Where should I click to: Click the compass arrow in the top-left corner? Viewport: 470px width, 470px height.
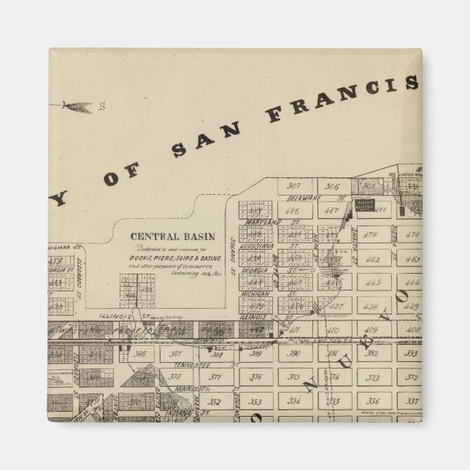coord(77,107)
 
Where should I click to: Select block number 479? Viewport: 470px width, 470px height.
coord(372,235)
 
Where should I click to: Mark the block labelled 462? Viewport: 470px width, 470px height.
coord(372,259)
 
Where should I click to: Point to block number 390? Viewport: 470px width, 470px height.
coord(294,354)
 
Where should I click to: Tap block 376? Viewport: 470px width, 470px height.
coord(255,377)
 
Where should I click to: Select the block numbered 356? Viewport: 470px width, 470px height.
coord(372,401)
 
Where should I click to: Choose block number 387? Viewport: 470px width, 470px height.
coord(176,354)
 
